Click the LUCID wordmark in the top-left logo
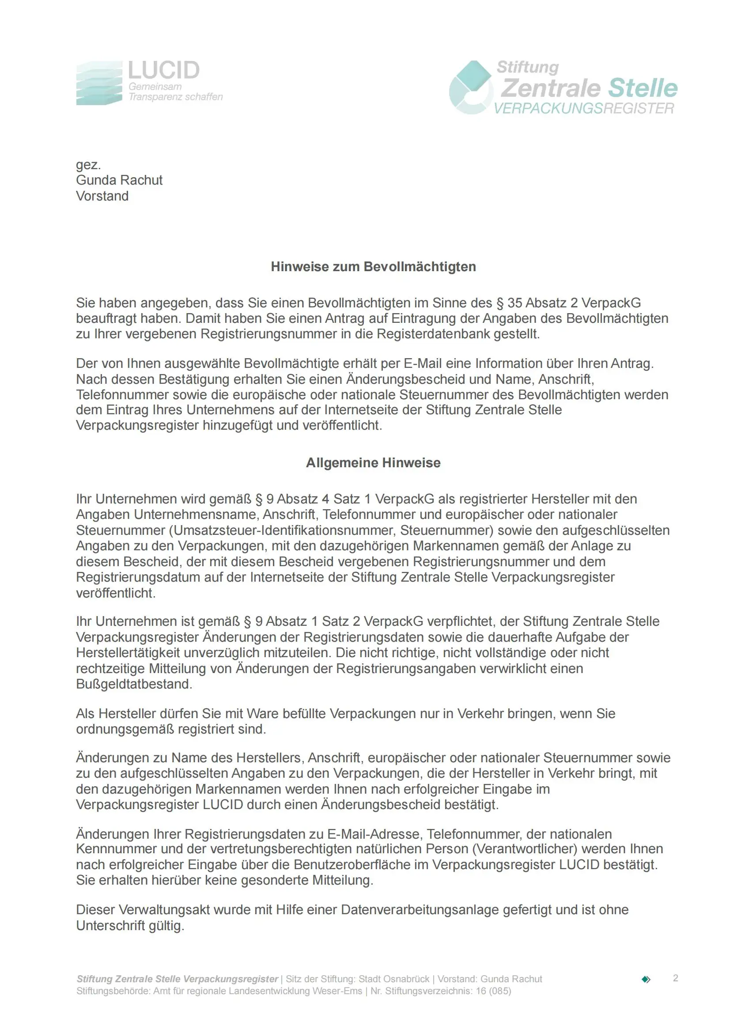pos(164,71)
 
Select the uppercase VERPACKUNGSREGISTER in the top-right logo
pos(584,109)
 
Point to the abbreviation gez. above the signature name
pos(88,165)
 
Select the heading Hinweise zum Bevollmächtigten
pos(373,267)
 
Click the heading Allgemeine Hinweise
pos(373,462)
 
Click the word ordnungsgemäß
pos(126,729)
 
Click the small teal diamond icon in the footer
pos(646,980)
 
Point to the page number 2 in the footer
pos(675,978)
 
